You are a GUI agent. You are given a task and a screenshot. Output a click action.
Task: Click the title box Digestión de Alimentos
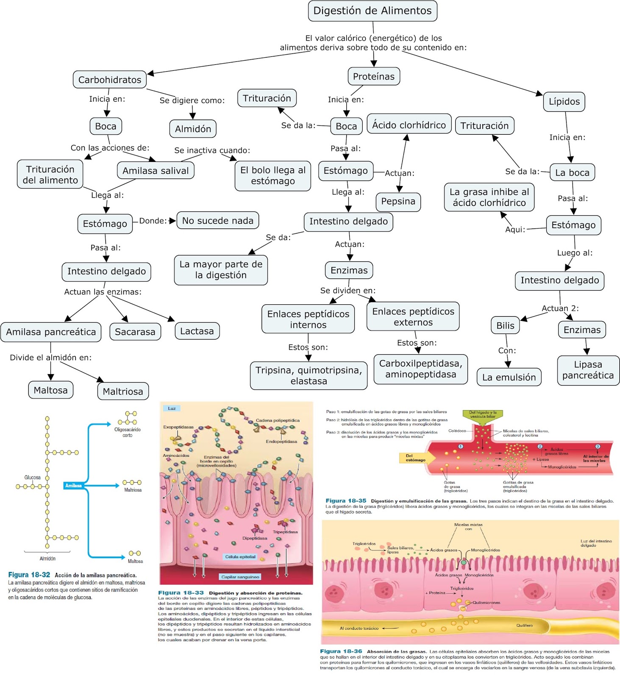(373, 11)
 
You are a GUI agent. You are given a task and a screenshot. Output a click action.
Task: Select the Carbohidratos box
(110, 80)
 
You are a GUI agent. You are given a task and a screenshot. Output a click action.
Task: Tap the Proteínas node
(373, 77)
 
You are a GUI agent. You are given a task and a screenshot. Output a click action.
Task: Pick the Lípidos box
(564, 102)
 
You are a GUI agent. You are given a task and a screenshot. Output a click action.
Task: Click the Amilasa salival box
(156, 171)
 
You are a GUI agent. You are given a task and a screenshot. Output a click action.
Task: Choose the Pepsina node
(398, 201)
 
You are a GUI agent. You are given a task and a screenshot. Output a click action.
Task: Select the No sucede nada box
(217, 221)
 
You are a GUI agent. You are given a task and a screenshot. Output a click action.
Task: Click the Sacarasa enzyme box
(135, 332)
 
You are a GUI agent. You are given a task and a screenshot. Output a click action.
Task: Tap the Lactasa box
(197, 331)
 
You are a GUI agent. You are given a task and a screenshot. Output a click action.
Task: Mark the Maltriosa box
(123, 392)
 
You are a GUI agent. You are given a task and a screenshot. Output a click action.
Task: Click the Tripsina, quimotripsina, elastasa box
(309, 375)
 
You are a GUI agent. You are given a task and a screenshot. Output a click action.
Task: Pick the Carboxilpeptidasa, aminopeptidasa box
(420, 369)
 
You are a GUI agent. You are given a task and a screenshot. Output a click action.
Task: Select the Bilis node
(505, 326)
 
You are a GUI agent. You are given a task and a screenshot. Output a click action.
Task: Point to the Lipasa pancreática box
(588, 370)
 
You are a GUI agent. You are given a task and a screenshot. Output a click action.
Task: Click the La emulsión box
(509, 378)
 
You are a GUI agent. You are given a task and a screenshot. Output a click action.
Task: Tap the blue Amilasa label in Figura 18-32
(73, 486)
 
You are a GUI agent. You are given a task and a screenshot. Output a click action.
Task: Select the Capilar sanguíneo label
(240, 577)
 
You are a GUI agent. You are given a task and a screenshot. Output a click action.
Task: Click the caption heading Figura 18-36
(341, 651)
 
